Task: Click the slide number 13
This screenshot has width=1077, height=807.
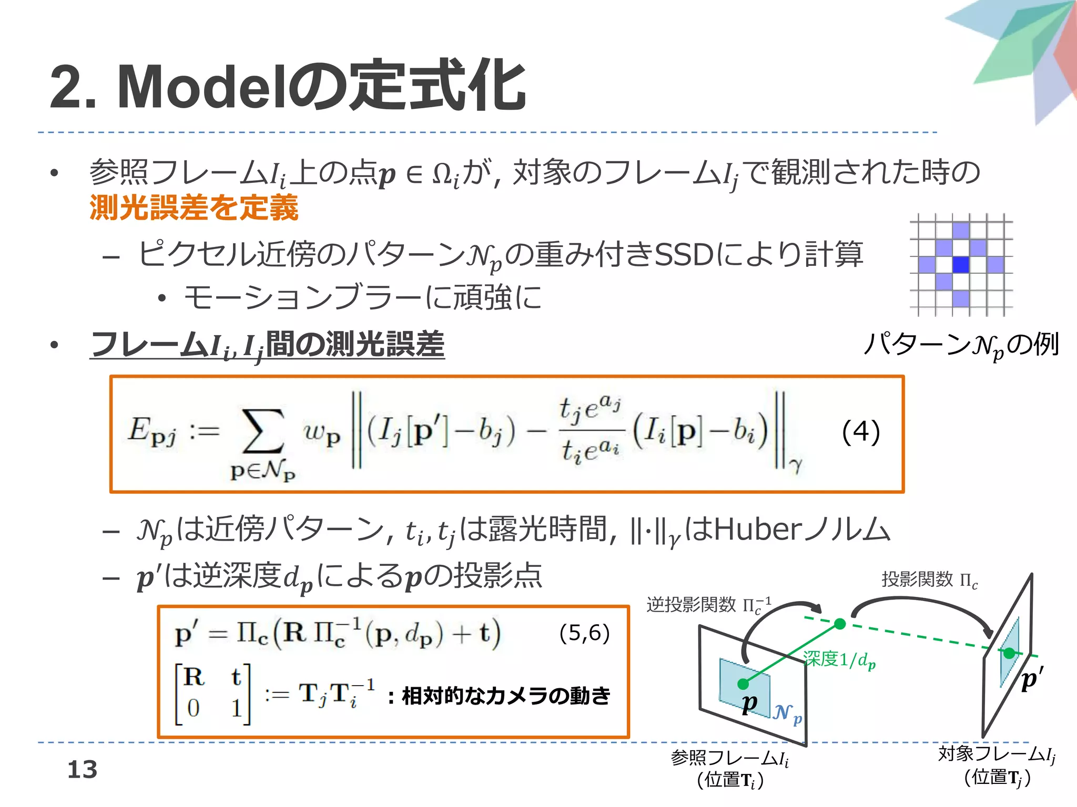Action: tap(83, 770)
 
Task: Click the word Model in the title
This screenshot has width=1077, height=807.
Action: tap(203, 87)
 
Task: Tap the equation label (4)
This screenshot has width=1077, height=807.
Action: tap(860, 432)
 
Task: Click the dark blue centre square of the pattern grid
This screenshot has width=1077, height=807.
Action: tap(961, 264)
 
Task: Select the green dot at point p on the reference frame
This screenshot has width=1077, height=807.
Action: tap(743, 684)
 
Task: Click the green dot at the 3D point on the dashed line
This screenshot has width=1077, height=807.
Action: tap(840, 624)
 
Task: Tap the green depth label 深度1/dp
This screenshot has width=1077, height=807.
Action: tap(839, 659)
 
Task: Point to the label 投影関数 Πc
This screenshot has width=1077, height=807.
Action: tap(929, 580)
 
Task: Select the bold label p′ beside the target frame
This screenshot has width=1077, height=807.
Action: tap(1031, 679)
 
